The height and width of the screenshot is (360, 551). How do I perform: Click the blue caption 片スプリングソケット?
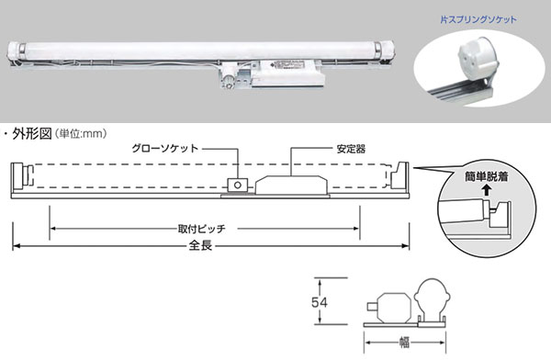[478, 19]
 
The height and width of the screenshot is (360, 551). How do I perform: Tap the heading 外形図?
[32, 134]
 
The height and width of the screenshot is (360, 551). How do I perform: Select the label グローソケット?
[164, 149]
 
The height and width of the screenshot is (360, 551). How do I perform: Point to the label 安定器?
[351, 149]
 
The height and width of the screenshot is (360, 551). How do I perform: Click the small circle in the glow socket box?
[238, 185]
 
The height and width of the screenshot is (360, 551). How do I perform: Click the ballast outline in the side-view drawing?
[291, 185]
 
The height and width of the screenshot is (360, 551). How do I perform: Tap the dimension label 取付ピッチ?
[201, 229]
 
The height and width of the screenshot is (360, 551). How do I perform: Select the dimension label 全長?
[200, 245]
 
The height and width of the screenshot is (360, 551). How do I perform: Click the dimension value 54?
[319, 302]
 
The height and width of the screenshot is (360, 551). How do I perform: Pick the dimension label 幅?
[404, 342]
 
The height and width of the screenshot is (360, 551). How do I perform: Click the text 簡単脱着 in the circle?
[487, 176]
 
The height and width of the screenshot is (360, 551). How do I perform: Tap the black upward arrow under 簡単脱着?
[487, 190]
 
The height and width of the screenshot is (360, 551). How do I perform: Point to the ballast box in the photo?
[288, 73]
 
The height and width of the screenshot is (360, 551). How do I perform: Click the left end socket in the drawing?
[21, 177]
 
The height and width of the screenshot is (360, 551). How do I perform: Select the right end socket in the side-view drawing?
[399, 177]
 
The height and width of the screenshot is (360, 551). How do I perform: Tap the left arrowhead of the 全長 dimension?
[17, 246]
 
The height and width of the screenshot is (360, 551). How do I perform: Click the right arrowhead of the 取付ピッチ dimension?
[355, 229]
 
